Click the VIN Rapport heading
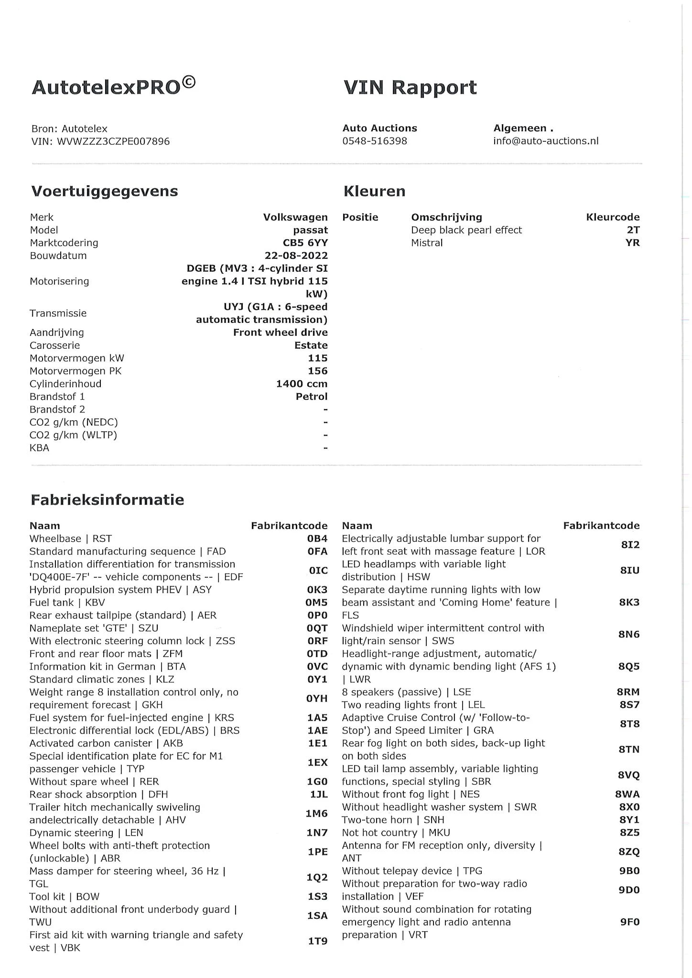[410, 87]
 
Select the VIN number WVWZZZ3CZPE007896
[113, 141]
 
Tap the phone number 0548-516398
[375, 141]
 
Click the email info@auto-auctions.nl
[546, 141]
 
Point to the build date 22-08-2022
[296, 255]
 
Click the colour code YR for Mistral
[632, 243]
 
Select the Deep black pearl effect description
[466, 230]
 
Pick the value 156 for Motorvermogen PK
[318, 371]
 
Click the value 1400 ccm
[302, 384]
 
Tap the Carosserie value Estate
[311, 345]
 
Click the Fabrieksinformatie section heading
[108, 500]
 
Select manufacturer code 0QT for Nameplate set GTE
[317, 628]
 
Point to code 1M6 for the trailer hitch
[317, 813]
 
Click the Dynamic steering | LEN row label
[86, 833]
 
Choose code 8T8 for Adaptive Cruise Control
[629, 724]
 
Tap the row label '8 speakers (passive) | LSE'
[406, 692]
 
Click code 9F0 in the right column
[629, 922]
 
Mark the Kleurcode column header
[613, 217]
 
